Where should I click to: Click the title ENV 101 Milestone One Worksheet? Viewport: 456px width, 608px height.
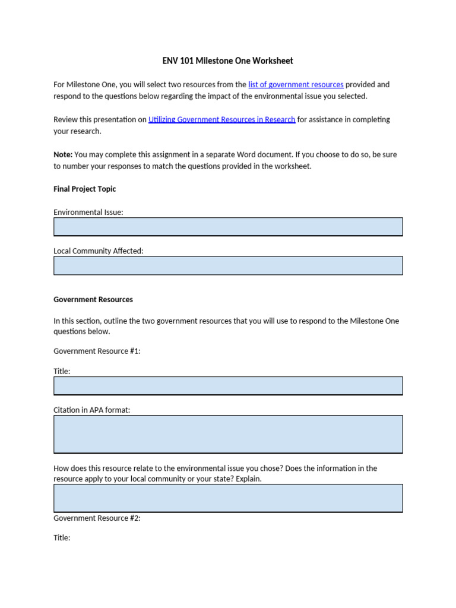coord(228,61)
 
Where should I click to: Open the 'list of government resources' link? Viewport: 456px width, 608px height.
coord(296,85)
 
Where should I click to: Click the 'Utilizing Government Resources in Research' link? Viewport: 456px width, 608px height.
coord(221,119)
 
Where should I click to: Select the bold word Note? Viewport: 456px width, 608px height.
coord(63,154)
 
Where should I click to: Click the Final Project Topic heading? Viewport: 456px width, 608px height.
coord(85,189)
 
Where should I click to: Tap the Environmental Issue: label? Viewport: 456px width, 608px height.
coord(88,212)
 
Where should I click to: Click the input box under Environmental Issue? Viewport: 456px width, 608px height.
coord(228,227)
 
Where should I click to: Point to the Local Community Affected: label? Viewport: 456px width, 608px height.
coord(99,251)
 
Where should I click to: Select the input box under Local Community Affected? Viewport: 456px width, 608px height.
coord(228,265)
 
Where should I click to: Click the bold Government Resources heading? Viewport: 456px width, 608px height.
coord(93,300)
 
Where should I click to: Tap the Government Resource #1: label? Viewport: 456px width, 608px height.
coord(97,351)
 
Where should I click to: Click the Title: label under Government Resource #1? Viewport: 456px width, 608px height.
coord(62,371)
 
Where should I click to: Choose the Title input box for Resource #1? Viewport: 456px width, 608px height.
coord(228,386)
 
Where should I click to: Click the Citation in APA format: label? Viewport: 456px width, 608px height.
coord(91,410)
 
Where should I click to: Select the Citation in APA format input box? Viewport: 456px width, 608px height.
coord(228,434)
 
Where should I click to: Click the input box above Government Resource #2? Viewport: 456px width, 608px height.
coord(228,498)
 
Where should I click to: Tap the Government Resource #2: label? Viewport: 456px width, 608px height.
coord(97,518)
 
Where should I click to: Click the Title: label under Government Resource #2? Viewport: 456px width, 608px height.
coord(62,538)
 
